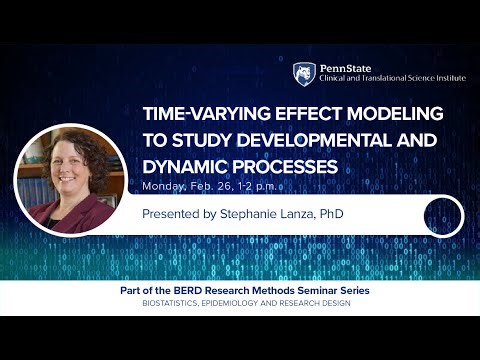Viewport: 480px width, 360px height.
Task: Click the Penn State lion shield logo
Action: point(304,74)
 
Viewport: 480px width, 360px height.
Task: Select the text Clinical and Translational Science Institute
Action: point(392,79)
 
